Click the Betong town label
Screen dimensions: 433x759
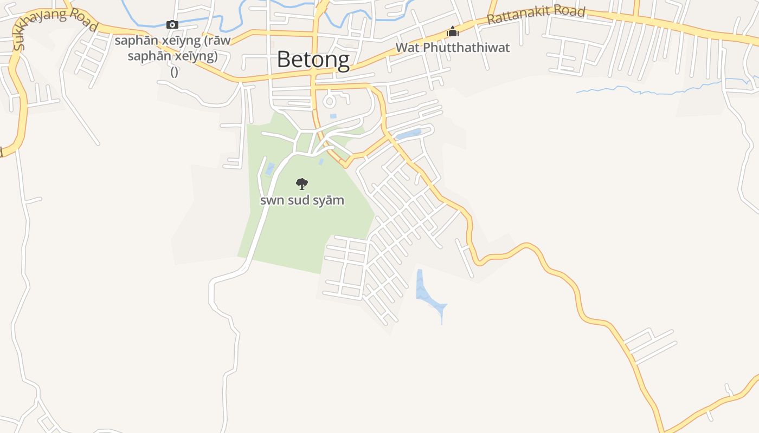313,59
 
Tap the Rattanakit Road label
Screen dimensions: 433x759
536,15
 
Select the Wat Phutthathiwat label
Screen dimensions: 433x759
452,48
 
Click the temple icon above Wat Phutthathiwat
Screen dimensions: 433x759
452,32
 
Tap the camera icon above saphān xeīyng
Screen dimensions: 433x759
172,24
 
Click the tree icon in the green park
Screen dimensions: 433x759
302,184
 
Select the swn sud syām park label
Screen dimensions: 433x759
302,200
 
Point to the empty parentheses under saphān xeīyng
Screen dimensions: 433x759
175,71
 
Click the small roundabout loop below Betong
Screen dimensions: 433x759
329,100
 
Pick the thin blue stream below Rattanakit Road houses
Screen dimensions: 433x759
651,89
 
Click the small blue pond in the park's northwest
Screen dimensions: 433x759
269,169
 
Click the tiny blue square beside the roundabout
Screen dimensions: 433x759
333,116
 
